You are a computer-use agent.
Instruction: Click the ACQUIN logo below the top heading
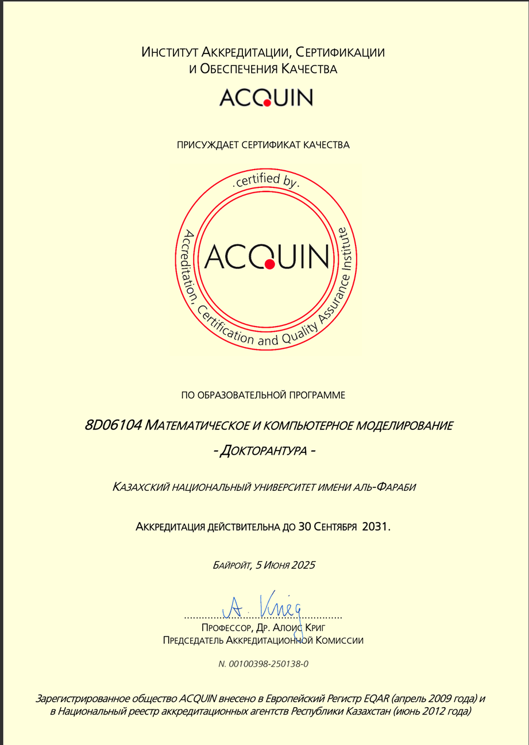click(x=265, y=97)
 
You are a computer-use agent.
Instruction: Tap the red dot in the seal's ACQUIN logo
click(x=269, y=264)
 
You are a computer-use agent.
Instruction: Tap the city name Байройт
click(x=231, y=565)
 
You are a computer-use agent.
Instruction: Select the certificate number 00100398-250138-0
click(x=269, y=664)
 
